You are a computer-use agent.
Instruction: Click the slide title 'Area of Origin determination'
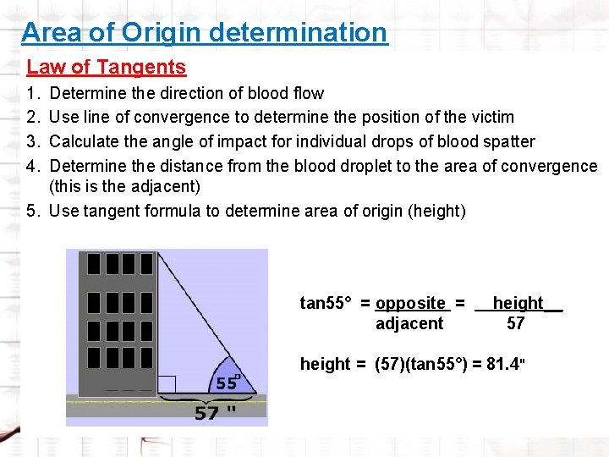204,33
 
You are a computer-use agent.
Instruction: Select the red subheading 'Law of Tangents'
107,67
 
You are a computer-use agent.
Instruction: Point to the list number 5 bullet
34,211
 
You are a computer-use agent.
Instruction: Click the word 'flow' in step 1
308,93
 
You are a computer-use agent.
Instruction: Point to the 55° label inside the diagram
227,383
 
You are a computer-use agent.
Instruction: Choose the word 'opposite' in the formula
410,303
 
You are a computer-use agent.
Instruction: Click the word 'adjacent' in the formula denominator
409,323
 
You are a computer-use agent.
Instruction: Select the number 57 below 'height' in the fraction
515,323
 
